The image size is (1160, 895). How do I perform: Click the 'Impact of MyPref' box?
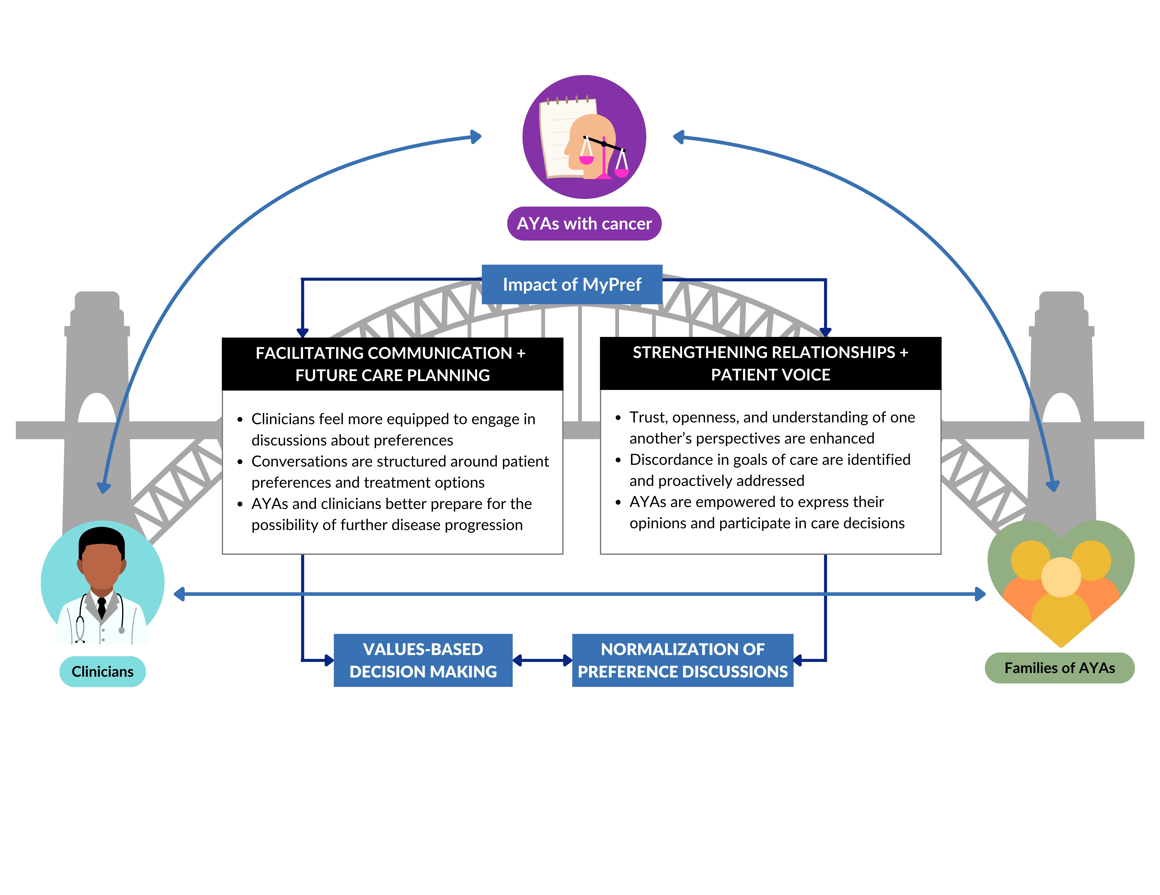[x=572, y=284]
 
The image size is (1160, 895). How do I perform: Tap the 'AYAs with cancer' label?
[x=584, y=223]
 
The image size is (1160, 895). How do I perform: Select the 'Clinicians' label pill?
[x=102, y=671]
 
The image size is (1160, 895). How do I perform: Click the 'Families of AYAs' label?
[x=1060, y=668]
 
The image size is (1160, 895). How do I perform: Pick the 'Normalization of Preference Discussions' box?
[x=682, y=660]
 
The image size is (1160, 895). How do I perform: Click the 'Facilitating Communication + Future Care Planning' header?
[x=392, y=364]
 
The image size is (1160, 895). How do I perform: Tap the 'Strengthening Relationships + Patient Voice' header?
[x=771, y=364]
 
